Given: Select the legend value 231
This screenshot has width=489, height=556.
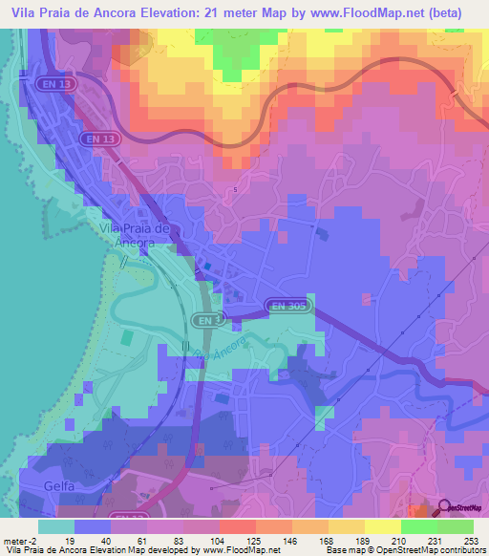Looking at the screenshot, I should point(432,540).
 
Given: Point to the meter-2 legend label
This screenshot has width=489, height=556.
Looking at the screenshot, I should point(21,540).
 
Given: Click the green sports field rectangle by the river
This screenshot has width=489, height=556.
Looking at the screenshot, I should point(128,338).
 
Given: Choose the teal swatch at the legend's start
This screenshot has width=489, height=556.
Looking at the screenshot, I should point(55,526).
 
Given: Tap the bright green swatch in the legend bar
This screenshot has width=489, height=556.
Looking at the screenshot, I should point(417,526).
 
